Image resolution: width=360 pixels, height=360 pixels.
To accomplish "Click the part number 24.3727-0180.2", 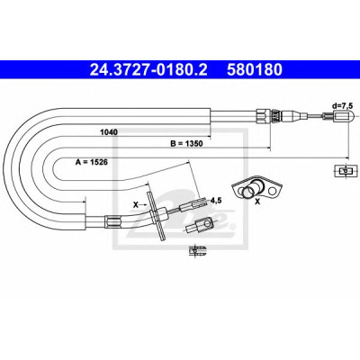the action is point(148,70).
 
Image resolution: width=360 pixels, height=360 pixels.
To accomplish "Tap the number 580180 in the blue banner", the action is point(255,70).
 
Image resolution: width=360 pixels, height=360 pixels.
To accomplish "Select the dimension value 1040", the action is point(108,132).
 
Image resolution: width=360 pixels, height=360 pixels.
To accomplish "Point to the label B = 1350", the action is point(186,144).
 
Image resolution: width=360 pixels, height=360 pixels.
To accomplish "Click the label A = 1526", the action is point(92,162).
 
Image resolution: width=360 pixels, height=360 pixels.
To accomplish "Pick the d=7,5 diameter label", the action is point(342,105).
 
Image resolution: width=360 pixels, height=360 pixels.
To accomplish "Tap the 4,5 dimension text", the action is point(216,201).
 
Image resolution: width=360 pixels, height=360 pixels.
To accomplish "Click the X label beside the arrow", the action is point(136,205).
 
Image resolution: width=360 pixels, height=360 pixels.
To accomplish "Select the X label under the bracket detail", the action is point(257,202).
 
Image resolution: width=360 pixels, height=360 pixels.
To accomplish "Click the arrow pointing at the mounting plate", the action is point(143,205).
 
